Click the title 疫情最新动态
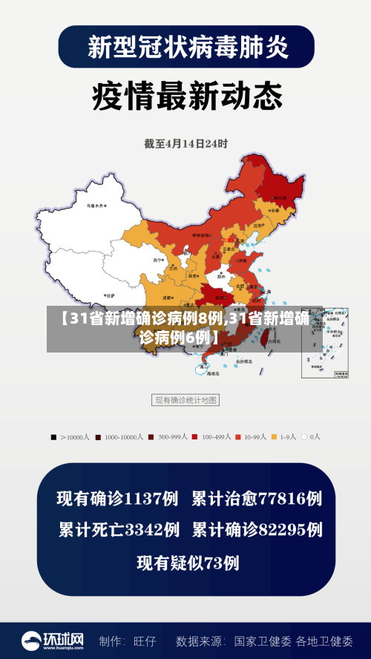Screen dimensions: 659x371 tap(186, 96)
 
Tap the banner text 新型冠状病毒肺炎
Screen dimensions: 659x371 tap(185, 47)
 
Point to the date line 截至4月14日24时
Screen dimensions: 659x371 tap(186, 143)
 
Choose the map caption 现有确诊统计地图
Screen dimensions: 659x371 tap(185, 400)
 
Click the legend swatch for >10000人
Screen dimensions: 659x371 tap(53, 437)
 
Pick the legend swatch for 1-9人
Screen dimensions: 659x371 tap(274, 437)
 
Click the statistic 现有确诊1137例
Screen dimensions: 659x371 tap(117, 498)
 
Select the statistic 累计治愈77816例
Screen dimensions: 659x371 tap(256, 498)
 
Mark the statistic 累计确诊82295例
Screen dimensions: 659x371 tap(257, 530)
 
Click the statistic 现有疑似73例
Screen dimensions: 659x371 tap(187, 563)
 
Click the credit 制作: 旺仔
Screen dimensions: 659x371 tap(128, 640)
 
